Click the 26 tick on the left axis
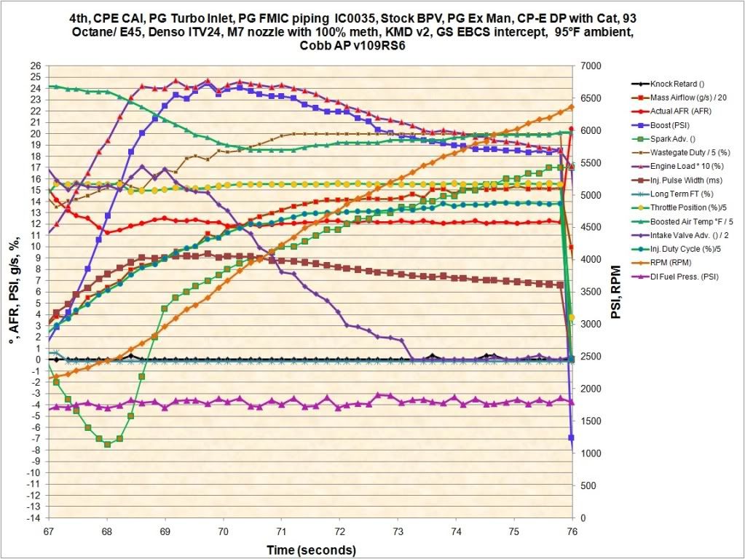[x=35, y=66]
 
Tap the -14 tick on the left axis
[x=33, y=518]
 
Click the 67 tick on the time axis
[x=49, y=531]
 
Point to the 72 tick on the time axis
[x=339, y=531]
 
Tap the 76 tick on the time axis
[x=572, y=531]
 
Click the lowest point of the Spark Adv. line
[x=107, y=443]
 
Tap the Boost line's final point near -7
[x=572, y=437]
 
